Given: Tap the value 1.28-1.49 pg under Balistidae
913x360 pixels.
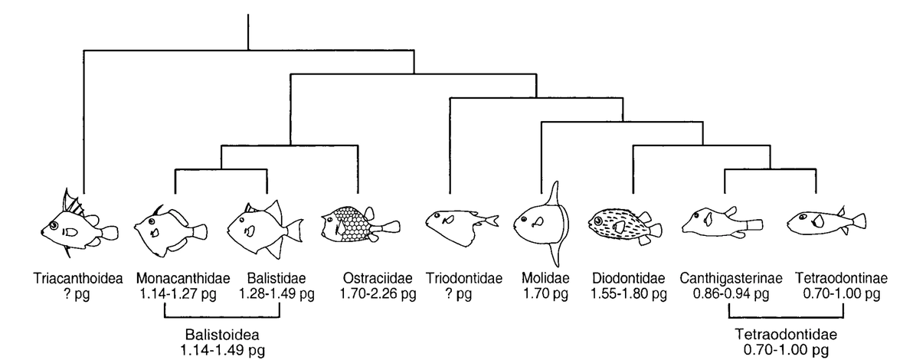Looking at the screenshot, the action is (x=277, y=293).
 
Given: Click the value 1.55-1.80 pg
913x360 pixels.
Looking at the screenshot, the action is (x=628, y=293).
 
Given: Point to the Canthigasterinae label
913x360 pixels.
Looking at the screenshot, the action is (x=725, y=278).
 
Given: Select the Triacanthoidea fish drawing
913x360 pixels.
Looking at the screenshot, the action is (x=80, y=224).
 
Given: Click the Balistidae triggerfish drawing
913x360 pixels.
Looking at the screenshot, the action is (x=266, y=228).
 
